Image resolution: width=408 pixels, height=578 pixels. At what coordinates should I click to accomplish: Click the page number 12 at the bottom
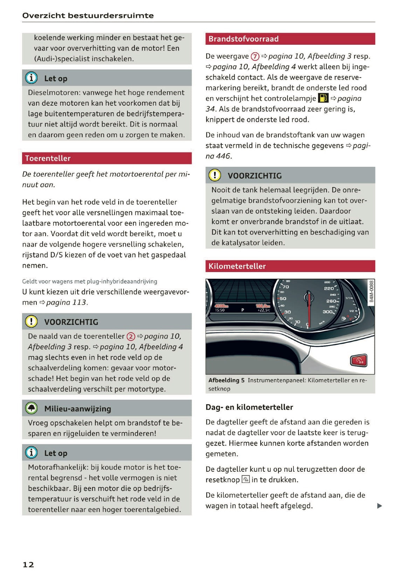[x=28, y=564]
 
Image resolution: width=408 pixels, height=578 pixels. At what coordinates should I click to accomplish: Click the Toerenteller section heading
[x=48, y=158]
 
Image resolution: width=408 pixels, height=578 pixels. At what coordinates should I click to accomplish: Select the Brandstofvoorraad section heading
[x=243, y=39]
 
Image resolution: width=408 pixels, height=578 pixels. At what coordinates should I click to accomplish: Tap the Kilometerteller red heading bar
[x=237, y=266]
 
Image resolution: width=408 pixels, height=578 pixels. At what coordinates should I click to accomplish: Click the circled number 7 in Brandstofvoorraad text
[x=255, y=56]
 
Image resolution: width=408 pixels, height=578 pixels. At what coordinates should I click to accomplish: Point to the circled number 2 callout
[x=131, y=336]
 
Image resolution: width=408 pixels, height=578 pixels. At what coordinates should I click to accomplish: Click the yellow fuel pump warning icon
[x=323, y=98]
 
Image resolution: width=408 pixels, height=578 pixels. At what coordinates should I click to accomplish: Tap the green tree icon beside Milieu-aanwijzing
[x=32, y=408]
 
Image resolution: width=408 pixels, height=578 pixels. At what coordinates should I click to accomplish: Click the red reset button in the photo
[x=359, y=361]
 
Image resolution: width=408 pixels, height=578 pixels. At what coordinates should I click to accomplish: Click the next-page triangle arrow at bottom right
[x=379, y=506]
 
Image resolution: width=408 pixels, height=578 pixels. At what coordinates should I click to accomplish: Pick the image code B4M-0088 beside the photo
[x=371, y=291]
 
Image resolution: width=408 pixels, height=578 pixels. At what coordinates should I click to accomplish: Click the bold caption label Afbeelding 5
[x=226, y=380]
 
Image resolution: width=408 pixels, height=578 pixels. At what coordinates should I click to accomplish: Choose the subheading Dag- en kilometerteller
[x=249, y=407]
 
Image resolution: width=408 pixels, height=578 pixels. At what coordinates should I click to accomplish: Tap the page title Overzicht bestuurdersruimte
[x=88, y=15]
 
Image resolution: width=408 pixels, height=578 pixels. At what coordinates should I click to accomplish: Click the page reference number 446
[x=223, y=156]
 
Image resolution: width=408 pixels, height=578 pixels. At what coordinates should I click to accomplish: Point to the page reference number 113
[x=79, y=302]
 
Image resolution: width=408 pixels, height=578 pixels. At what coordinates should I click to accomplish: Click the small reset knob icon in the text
[x=246, y=480]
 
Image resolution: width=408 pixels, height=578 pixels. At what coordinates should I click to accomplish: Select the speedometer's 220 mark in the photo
[x=329, y=288]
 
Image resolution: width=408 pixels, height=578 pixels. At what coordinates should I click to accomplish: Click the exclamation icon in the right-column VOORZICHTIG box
[x=215, y=175]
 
